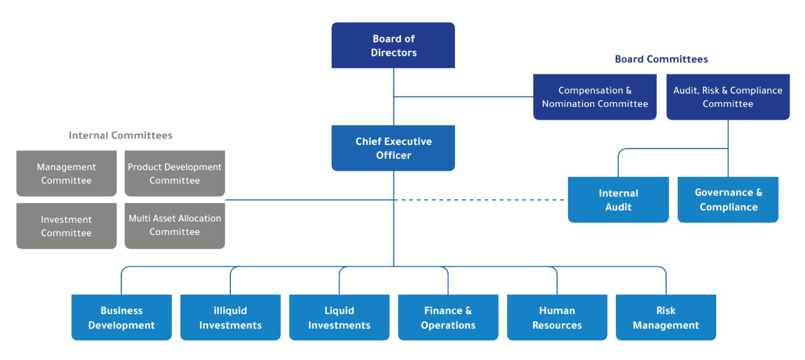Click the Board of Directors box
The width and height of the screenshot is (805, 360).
(x=393, y=45)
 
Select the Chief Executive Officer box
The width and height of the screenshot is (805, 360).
(x=393, y=148)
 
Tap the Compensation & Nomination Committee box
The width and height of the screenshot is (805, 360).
(x=595, y=97)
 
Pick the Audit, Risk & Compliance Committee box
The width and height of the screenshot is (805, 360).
(x=728, y=97)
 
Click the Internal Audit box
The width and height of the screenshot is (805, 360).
(x=618, y=200)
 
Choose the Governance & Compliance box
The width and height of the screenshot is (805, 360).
(x=728, y=200)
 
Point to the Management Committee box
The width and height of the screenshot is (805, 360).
(x=66, y=173)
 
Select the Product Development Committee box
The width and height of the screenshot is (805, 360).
(x=175, y=173)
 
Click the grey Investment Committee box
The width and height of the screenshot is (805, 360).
(x=66, y=226)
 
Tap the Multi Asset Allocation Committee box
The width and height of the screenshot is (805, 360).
(x=175, y=226)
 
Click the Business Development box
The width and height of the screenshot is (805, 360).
(x=121, y=318)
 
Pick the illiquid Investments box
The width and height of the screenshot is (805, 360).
(x=230, y=318)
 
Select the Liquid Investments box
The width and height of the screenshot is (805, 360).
(x=339, y=318)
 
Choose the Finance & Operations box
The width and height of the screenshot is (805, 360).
(x=448, y=318)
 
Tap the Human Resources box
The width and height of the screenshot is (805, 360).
(x=557, y=318)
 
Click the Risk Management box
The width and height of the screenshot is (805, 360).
(x=666, y=318)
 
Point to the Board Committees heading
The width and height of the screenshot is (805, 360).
(x=661, y=59)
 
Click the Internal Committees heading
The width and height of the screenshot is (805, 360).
(x=120, y=135)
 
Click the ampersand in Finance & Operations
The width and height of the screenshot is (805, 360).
(x=468, y=310)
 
